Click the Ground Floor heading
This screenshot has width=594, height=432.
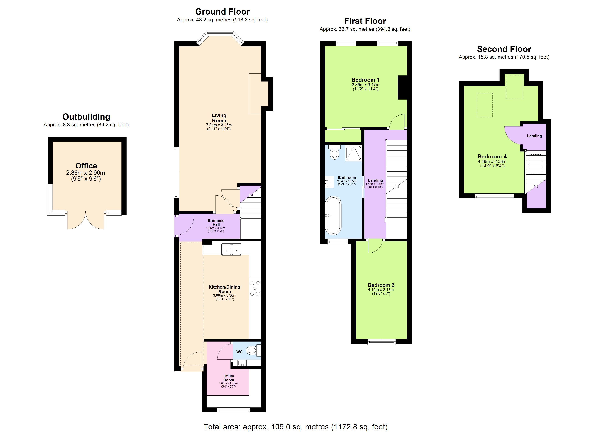[222, 12]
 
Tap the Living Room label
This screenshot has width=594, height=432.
[219, 118]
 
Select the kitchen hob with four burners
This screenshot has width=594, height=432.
[255, 288]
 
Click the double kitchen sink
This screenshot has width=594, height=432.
[231, 249]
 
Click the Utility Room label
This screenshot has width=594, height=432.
[229, 378]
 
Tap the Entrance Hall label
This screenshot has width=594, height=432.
[216, 222]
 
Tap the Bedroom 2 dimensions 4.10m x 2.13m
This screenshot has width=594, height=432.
[381, 289]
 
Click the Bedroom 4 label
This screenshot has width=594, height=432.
[492, 156]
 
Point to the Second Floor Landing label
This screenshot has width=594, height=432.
[534, 136]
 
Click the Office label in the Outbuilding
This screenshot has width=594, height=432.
[86, 166]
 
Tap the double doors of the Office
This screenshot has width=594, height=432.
[86, 220]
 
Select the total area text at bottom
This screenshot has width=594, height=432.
[295, 427]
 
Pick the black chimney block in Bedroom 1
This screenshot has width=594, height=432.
[402, 87]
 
